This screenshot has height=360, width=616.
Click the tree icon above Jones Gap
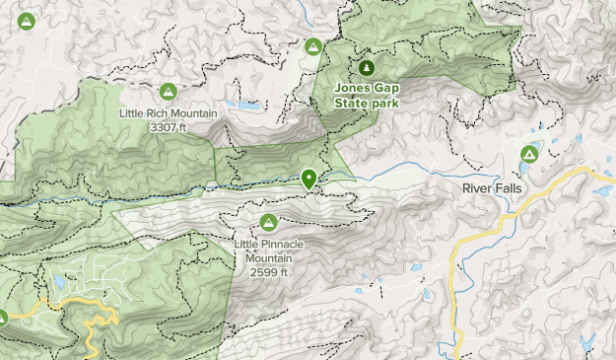click(x=366, y=67)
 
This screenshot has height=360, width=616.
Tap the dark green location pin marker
click(x=309, y=179)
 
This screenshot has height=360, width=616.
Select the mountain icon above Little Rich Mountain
click(x=169, y=92)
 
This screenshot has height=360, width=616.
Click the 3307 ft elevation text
click(x=169, y=127)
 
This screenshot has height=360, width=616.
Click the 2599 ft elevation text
click(x=268, y=271)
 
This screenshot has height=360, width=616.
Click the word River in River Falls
click(x=477, y=187)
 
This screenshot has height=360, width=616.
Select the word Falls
click(x=508, y=187)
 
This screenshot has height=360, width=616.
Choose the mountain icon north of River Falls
click(x=529, y=154)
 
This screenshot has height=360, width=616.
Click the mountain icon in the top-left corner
click(x=27, y=20)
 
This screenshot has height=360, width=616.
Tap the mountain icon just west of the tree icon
click(x=313, y=45)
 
